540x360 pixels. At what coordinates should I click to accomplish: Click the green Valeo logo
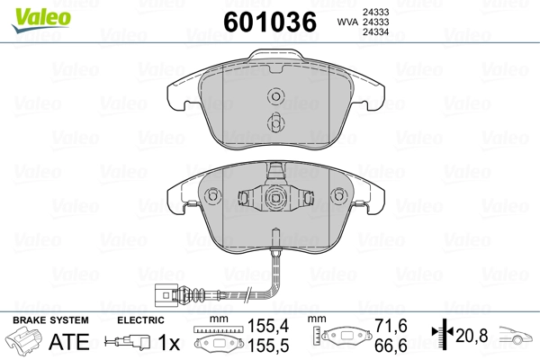coord(41,20)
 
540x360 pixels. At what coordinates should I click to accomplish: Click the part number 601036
coord(270,22)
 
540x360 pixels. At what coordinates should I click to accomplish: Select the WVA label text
coord(347,22)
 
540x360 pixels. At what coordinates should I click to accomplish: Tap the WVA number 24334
coord(375,32)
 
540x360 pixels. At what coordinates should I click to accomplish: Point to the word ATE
coord(69,342)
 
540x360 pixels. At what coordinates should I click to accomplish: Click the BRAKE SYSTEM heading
coord(50,320)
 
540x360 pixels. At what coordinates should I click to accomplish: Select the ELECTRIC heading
coord(140,320)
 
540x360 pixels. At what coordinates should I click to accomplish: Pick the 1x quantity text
coord(169,342)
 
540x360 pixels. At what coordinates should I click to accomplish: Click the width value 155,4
coord(268,326)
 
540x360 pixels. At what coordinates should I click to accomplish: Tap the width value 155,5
coord(268,346)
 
